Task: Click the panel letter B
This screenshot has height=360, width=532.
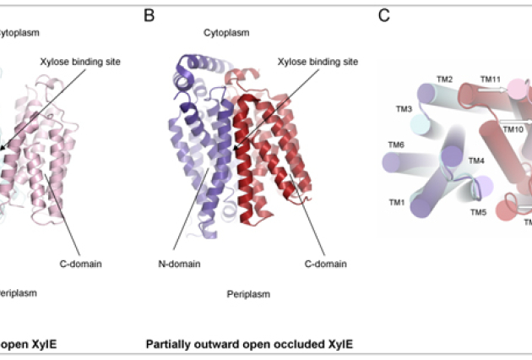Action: coord(149,15)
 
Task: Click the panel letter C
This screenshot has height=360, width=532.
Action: coord(384,15)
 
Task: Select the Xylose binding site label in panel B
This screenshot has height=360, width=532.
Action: coord(318,62)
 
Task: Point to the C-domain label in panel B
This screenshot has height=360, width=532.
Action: coord(325,264)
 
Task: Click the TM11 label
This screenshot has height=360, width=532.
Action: coord(491,79)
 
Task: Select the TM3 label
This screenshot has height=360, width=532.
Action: coord(404,110)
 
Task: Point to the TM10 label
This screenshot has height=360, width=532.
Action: coord(513,130)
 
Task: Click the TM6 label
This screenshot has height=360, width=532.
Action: coord(396,145)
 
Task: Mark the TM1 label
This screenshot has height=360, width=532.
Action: coord(396,203)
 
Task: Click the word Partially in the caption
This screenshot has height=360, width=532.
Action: coord(172,344)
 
